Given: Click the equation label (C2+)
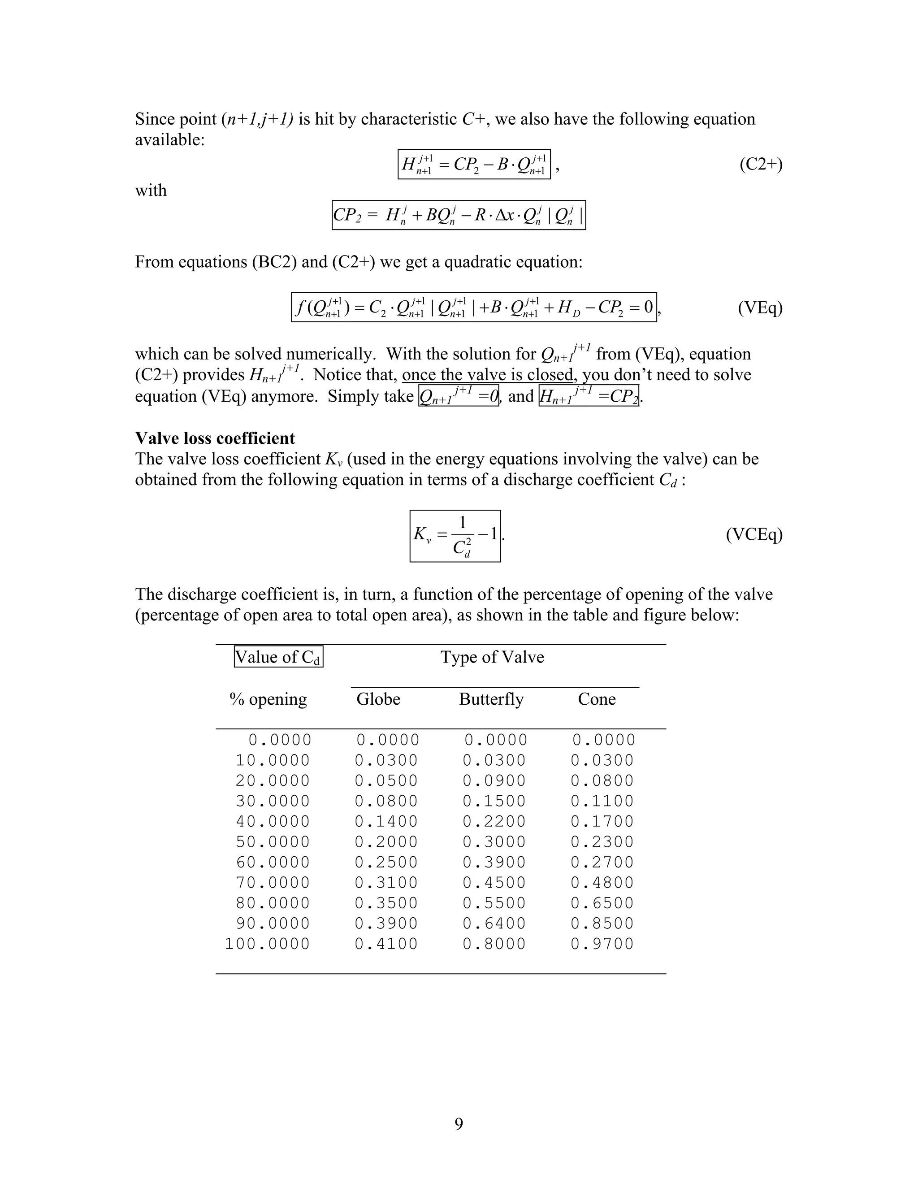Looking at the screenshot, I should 761,165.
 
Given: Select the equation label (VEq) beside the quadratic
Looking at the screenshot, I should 760,308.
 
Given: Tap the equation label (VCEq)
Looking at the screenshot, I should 754,535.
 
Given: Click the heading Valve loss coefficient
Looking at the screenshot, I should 215,438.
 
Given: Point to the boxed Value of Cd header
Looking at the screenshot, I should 278,657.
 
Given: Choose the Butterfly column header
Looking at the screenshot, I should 491,699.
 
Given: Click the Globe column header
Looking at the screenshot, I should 378,699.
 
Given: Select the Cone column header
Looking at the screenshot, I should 597,699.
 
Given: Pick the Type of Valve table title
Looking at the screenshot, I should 492,657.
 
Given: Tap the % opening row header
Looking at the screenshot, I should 268,699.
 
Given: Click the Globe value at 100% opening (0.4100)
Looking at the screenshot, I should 386,944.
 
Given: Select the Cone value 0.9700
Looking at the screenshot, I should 602,944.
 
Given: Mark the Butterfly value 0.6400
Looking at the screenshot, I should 494,924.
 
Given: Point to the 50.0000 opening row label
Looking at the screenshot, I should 273,842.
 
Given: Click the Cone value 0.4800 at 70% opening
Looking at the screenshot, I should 602,883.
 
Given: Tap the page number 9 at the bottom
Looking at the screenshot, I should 459,1124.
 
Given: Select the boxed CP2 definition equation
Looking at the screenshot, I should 459,215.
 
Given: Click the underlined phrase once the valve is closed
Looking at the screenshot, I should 488,375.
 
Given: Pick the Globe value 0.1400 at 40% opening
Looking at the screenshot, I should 386,821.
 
